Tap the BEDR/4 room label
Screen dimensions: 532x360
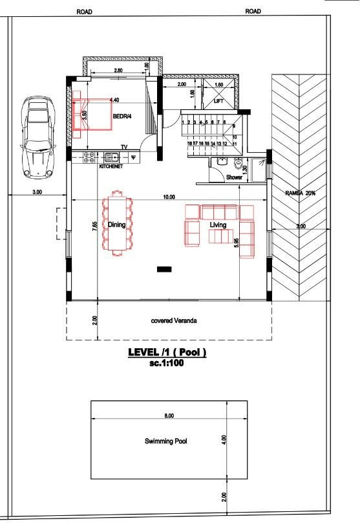click(123, 117)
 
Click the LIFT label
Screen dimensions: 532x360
click(219, 102)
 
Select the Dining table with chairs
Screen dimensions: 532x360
click(118, 226)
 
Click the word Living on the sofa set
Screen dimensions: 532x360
click(218, 225)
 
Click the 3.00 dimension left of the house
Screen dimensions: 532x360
click(37, 192)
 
